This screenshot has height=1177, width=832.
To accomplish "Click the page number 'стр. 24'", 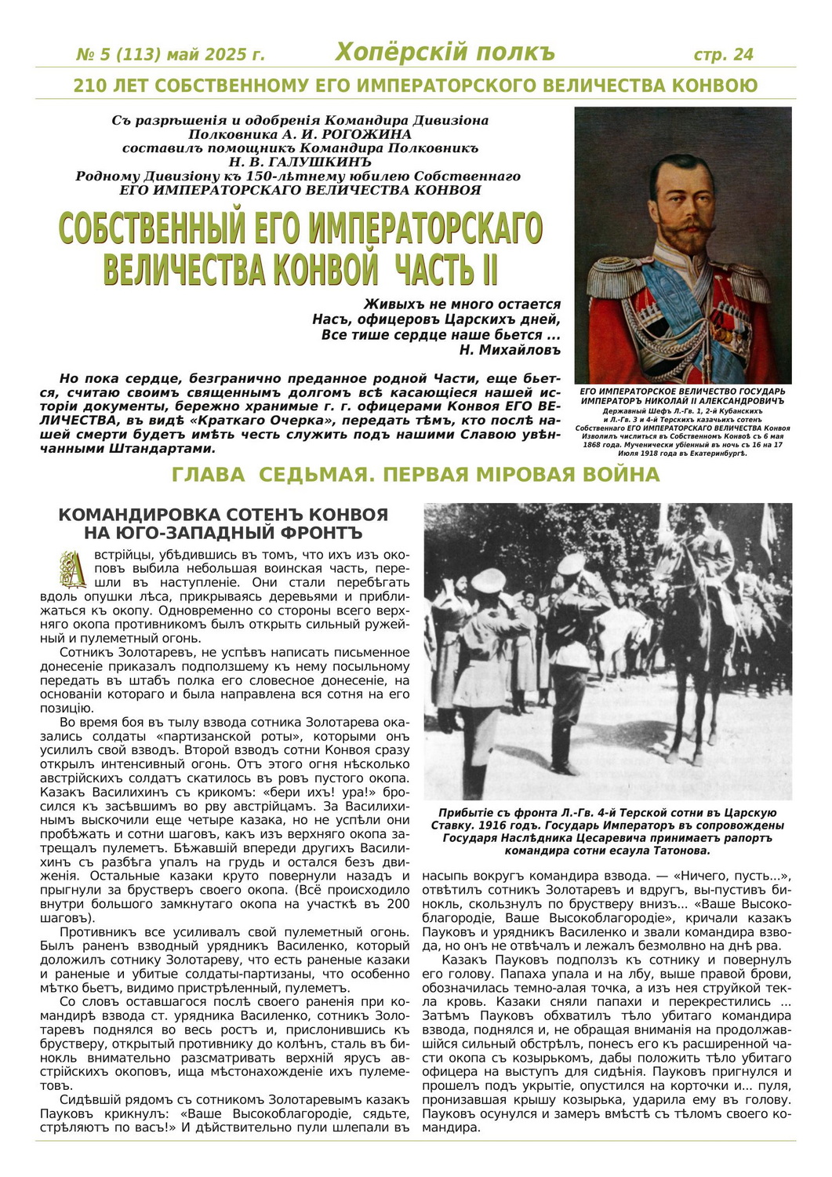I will point(723,54).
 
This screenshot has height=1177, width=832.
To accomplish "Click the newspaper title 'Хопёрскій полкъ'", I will point(445,53).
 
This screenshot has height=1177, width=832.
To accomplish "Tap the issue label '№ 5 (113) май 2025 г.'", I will point(170,55).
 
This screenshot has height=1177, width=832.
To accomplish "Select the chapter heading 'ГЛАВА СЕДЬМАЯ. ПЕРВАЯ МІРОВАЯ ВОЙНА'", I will point(415,475).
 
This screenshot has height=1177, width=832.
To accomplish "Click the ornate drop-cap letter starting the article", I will point(73,569).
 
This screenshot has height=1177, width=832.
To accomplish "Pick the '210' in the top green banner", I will point(89,86).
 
